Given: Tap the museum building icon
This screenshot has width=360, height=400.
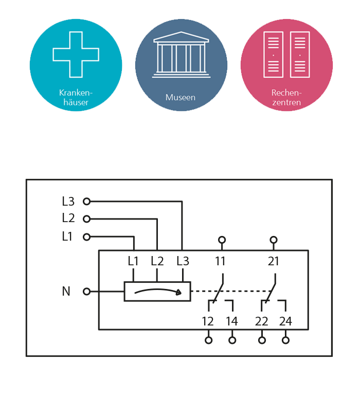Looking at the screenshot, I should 181,55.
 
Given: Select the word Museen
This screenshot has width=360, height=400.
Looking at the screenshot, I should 181,97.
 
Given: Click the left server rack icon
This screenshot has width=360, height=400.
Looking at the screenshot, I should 274,55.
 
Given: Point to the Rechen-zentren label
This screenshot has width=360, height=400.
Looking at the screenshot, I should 286,98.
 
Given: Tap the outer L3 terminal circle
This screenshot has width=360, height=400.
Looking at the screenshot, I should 86,202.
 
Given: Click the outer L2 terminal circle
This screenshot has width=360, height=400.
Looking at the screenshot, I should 86,219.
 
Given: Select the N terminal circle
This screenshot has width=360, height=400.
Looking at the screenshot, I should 86,292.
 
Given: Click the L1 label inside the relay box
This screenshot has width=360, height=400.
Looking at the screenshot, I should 133,261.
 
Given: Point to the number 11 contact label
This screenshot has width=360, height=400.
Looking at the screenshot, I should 220,261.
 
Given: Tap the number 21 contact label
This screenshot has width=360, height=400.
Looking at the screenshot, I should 274,261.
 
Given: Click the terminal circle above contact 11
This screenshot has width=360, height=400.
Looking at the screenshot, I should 222,240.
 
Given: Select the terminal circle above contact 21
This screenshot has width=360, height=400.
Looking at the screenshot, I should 274,240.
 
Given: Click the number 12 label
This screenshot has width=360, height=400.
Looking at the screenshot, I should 208,322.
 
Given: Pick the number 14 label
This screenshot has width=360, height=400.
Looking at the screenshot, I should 232,322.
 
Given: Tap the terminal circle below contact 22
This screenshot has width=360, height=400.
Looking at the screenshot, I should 262,340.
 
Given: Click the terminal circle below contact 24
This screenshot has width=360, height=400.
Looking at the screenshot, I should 285,340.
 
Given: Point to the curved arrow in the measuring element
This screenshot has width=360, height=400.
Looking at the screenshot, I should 157,292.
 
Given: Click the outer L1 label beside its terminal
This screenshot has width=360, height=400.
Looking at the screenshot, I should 68,237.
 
